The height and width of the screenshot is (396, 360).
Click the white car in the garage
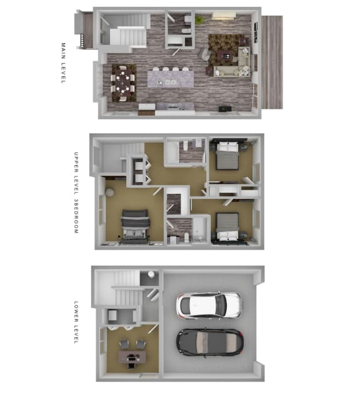coord(209,306)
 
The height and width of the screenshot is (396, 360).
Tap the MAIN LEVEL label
coord(63,63)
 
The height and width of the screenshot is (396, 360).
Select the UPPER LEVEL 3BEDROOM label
coord(76,193)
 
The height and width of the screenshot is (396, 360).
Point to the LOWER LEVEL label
coord(76,322)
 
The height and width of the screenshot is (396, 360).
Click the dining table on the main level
coord(123,83)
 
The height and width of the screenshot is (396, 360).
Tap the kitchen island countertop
coord(171,79)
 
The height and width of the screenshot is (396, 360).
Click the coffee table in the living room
coord(226,55)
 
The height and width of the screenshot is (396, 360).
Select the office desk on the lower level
coord(132,357)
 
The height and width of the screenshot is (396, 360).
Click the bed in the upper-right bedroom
coord(227,156)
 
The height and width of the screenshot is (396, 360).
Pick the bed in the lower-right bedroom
coord(227,226)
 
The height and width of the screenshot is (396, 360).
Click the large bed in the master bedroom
coord(135,226)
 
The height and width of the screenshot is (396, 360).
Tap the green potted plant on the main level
coord(199,20)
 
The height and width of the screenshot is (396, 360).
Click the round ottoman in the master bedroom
coord(110,192)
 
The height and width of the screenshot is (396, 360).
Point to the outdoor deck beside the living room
coord(272,63)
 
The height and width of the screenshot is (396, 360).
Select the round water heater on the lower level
coord(151,274)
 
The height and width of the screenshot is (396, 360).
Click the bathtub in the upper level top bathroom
coord(172,152)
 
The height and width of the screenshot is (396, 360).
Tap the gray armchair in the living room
coord(206,54)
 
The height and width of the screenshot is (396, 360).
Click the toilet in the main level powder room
coord(186,31)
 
